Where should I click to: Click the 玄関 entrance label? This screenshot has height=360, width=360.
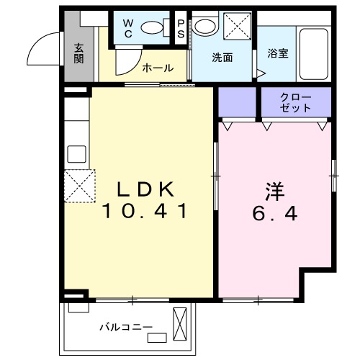click(78, 54)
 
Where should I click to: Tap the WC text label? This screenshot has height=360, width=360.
click(127, 28)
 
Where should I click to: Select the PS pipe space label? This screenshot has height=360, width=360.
click(181, 28)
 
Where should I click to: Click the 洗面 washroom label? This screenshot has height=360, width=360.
click(222, 58)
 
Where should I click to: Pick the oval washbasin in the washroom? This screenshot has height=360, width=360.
click(204, 27)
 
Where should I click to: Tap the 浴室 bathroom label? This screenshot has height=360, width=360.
click(278, 54)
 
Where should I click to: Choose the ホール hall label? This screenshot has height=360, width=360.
click(158, 68)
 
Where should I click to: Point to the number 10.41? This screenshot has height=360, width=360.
click(145, 212)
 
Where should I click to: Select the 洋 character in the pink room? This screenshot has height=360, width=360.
click(274, 192)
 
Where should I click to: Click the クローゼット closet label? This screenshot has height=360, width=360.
click(296, 102)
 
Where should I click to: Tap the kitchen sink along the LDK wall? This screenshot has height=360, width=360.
click(76, 154)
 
